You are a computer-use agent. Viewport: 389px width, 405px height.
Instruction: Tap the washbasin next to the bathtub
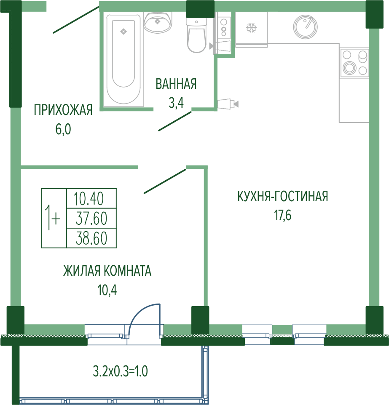click(x=158, y=22)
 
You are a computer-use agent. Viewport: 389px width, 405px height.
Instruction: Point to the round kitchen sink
click(x=305, y=27)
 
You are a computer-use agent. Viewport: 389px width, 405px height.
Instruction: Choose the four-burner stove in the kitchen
click(x=354, y=63)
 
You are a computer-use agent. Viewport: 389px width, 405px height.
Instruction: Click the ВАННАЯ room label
click(x=176, y=84)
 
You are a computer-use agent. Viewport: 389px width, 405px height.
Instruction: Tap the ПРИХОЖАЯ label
click(x=63, y=110)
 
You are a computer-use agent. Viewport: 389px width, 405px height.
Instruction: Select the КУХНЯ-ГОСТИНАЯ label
click(x=283, y=196)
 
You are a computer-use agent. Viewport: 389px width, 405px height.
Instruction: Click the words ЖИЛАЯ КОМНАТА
click(x=107, y=271)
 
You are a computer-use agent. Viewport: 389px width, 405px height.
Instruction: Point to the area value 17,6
click(x=283, y=215)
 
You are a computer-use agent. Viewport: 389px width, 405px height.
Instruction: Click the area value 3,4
click(x=177, y=103)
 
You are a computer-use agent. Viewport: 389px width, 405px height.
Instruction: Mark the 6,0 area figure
click(x=63, y=129)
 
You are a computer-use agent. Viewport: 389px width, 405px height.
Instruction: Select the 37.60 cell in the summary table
click(x=91, y=218)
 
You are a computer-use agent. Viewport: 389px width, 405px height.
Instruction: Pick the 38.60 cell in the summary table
click(x=91, y=238)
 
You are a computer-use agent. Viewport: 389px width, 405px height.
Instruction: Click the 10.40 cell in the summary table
click(x=91, y=198)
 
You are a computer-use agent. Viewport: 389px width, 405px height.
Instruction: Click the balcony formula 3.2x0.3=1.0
click(x=120, y=371)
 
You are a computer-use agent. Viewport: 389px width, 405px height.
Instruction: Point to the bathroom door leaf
click(x=175, y=121)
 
